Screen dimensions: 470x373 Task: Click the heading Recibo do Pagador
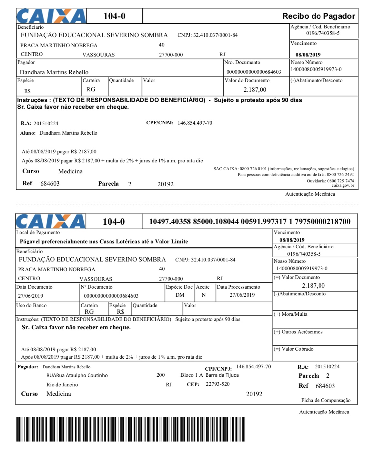[318, 16]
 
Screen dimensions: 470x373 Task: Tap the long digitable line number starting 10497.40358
[249, 221]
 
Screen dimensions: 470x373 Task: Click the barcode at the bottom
[130, 429]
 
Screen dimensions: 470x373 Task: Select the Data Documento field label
[34, 287]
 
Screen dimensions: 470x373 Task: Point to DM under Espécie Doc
[180, 295]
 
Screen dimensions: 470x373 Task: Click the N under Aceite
[204, 295]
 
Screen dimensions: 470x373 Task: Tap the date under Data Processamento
[242, 295]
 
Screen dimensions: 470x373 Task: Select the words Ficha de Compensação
[326, 400]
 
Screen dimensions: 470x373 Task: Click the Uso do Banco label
[31, 305]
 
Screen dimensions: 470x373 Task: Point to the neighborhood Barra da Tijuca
[222, 375]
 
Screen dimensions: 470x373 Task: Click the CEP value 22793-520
[218, 384]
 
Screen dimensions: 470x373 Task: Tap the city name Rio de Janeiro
[62, 385]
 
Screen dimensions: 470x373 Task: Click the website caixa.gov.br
[343, 185]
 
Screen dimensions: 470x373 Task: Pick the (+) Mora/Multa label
[290, 314]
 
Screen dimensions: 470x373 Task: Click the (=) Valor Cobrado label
[293, 349]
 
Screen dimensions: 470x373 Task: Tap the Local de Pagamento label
[38, 232]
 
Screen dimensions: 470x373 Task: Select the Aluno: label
[28, 133]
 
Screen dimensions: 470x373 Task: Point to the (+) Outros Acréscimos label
[298, 332]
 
